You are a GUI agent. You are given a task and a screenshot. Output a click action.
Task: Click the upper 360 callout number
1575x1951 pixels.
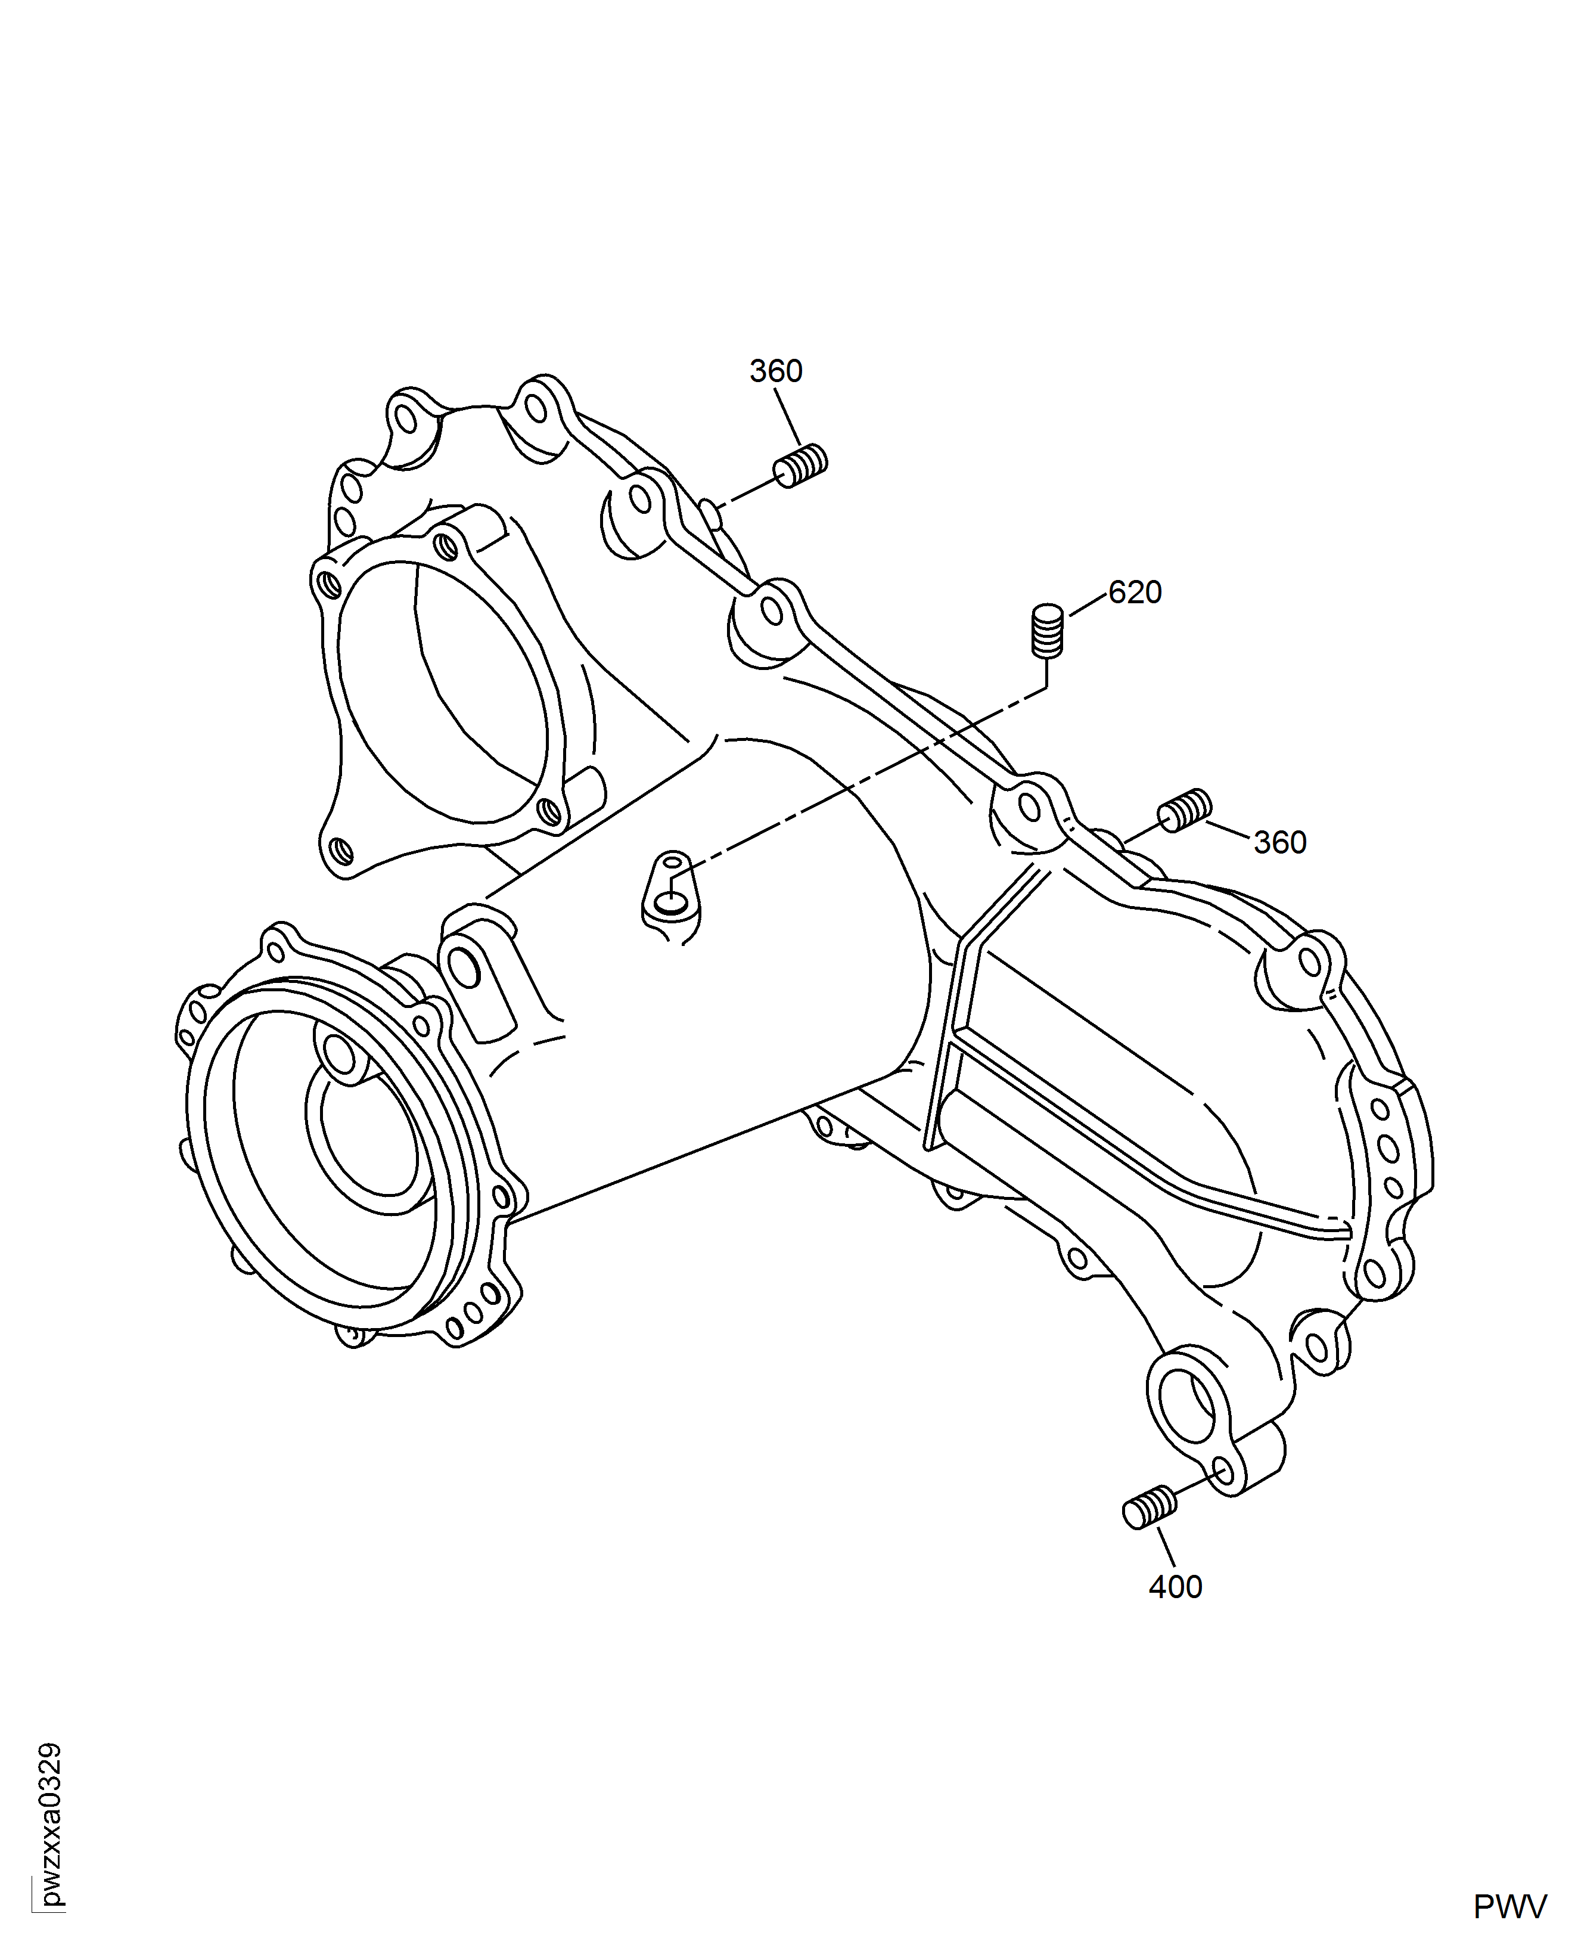pos(776,371)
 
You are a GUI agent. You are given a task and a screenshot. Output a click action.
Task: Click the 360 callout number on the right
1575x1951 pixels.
pos(1280,843)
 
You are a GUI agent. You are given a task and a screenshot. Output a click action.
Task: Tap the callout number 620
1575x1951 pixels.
pos(1135,593)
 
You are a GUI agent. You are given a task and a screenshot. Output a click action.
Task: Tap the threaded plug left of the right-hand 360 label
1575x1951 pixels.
pos(1185,809)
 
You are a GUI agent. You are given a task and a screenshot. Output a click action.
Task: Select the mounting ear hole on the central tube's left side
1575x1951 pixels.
pos(465,968)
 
